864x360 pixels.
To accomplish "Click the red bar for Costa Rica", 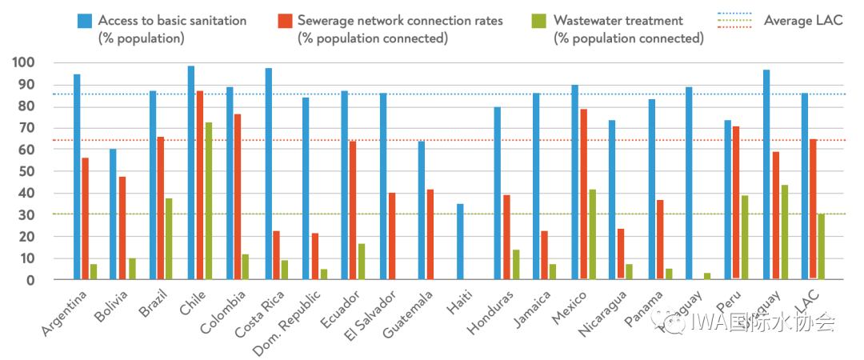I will (277, 255).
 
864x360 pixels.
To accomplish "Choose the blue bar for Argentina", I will (77, 177).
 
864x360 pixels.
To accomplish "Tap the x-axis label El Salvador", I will (372, 313).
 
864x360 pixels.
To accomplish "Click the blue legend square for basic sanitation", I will (84, 21).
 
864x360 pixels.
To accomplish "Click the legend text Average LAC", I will (803, 21).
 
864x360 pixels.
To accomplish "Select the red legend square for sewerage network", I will (284, 21).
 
